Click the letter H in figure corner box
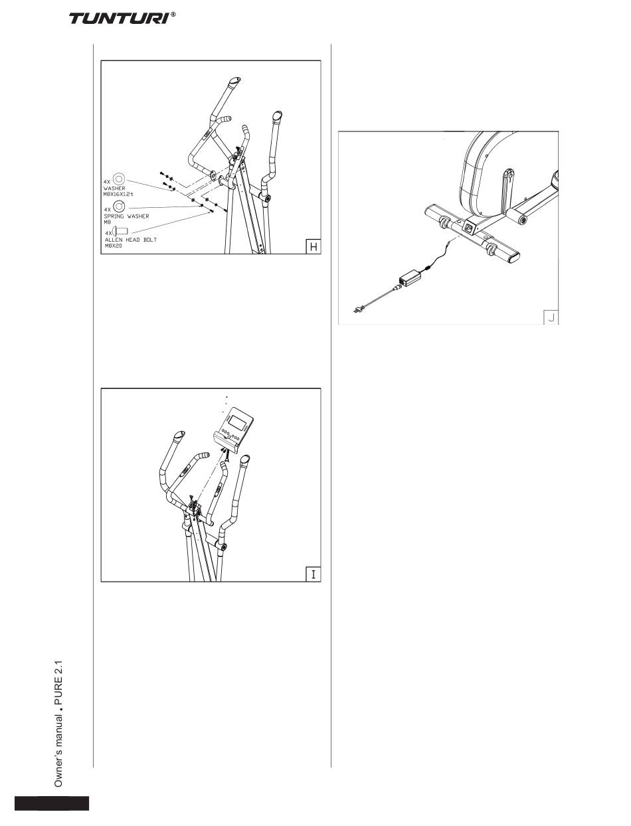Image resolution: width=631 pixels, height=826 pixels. (313, 247)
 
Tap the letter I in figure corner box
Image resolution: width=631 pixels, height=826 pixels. (313, 574)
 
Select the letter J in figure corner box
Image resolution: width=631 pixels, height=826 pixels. (551, 317)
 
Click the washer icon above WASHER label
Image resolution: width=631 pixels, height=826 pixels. (119, 179)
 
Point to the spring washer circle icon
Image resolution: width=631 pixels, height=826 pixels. (119, 206)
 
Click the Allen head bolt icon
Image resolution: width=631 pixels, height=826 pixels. (120, 230)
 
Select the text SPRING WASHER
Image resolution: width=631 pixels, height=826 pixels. (126, 216)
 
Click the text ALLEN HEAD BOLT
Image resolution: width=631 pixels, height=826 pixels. (131, 240)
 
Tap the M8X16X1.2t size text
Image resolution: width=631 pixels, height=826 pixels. (118, 194)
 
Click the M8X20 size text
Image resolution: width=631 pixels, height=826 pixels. (114, 246)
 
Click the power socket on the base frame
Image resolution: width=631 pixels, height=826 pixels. (469, 227)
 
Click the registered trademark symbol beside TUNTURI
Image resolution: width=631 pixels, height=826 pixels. (173, 15)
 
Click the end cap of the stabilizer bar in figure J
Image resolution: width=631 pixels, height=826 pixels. (513, 258)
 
